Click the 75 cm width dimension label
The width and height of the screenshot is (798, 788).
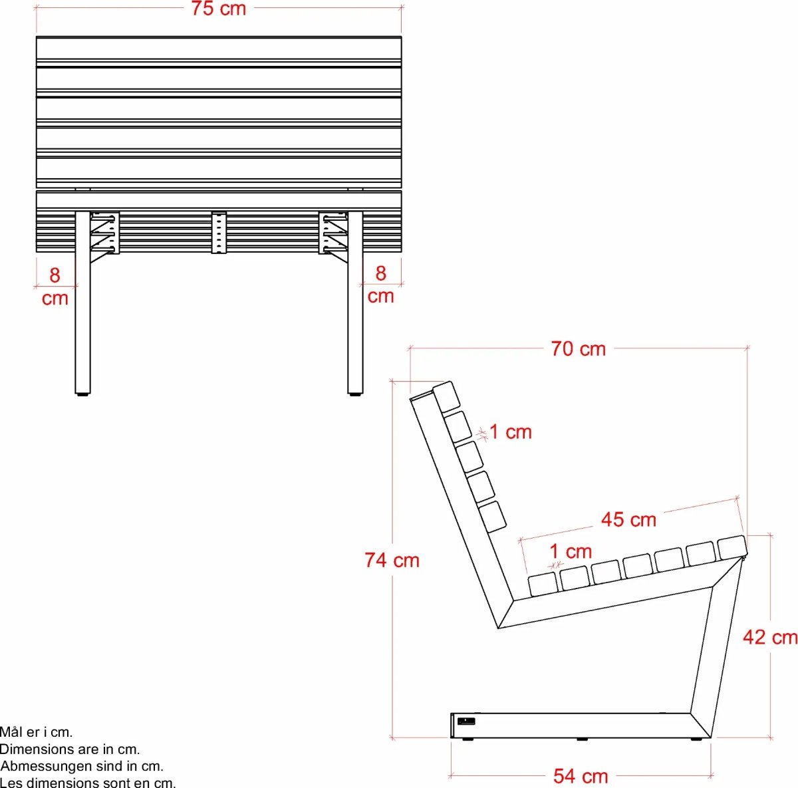click(x=219, y=9)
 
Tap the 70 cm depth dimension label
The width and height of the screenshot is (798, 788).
click(x=578, y=348)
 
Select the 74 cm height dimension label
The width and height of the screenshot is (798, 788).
click(x=392, y=560)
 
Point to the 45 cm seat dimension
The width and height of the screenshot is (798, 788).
click(x=628, y=519)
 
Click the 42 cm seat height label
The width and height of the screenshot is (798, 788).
click(x=769, y=637)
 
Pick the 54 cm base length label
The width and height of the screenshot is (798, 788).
click(x=581, y=776)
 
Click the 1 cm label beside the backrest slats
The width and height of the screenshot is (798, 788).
click(x=511, y=432)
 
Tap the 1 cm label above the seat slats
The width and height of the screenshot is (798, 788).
click(x=571, y=551)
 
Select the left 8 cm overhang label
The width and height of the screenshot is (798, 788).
click(x=55, y=287)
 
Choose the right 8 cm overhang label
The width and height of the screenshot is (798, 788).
click(x=380, y=285)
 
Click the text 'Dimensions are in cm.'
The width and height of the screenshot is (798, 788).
click(x=70, y=749)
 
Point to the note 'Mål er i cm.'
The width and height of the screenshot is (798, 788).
click(x=36, y=732)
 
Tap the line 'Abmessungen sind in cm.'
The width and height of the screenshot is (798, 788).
click(x=82, y=766)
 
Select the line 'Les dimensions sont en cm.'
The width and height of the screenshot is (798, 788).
click(x=88, y=783)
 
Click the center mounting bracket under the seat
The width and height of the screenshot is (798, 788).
click(x=219, y=233)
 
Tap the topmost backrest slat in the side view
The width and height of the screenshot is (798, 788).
click(x=446, y=396)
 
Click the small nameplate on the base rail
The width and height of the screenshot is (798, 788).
click(x=466, y=721)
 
